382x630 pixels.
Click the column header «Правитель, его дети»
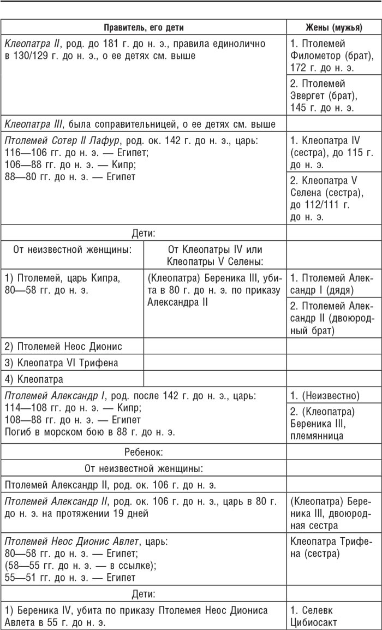144,27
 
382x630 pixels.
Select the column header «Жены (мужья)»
333,27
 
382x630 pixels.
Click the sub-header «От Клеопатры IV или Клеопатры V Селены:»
215,253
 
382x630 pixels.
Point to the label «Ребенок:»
144,452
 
